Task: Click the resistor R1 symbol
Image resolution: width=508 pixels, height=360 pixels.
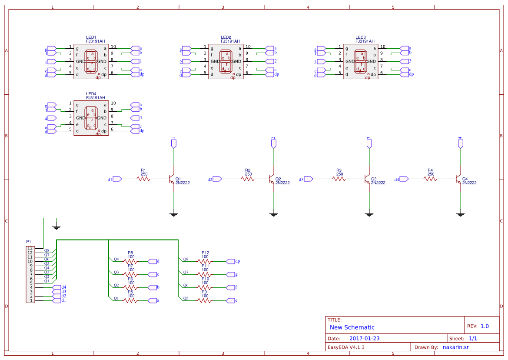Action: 143,179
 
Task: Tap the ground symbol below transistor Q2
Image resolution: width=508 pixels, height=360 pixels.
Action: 274,214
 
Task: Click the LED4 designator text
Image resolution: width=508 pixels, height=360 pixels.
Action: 91,94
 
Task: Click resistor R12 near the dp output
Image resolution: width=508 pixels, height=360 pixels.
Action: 205,261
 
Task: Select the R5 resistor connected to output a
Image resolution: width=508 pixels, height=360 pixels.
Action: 131,300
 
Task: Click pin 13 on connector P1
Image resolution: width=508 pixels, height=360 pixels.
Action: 30,248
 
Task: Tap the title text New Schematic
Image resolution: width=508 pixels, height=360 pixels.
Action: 352,327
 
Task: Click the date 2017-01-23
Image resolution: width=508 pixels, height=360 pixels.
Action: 364,338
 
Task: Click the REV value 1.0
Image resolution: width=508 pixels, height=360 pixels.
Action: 485,326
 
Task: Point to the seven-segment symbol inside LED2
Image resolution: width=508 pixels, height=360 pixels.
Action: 226,61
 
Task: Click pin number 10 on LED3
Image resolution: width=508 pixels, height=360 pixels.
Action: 382,47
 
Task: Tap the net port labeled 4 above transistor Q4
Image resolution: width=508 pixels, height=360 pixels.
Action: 460,143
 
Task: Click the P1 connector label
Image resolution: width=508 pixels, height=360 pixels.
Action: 29,241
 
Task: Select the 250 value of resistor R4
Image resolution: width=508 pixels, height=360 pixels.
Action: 431,174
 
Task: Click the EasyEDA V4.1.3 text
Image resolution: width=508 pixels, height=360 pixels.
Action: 346,347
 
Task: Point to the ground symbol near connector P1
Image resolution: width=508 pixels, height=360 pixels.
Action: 56,227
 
